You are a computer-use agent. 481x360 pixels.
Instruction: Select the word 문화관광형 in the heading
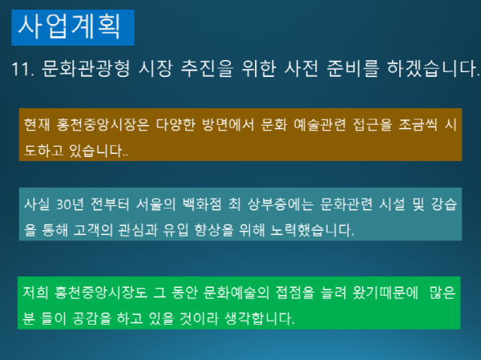point(75,70)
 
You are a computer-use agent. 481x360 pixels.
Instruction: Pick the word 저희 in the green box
point(36,293)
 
